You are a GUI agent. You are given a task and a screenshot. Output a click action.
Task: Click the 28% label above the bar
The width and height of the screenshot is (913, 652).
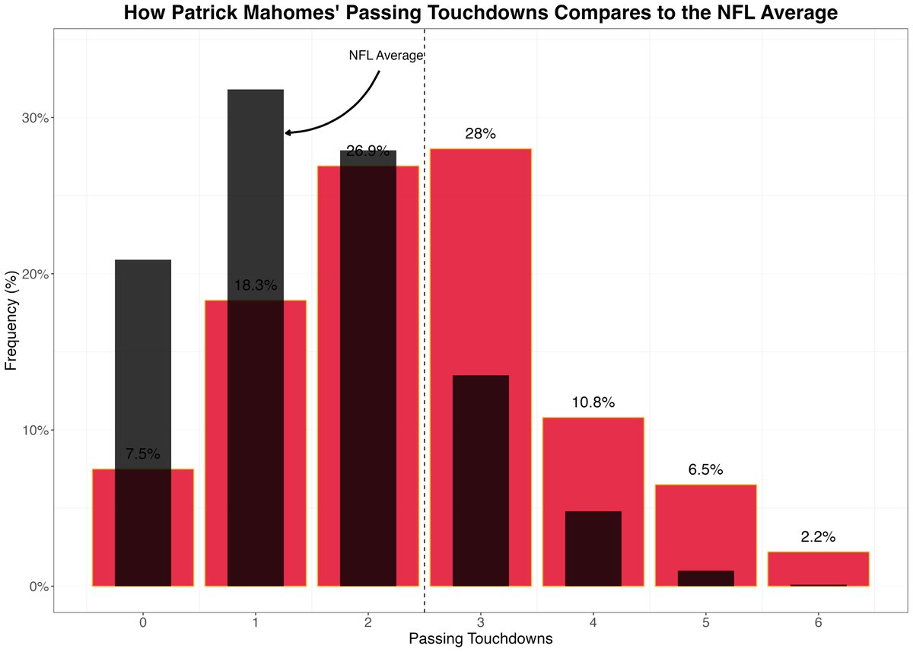[x=480, y=134]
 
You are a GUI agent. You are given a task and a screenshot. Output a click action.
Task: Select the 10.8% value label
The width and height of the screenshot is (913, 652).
[x=593, y=402]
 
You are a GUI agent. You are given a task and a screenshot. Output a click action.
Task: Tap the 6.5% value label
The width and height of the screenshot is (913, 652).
[x=705, y=469]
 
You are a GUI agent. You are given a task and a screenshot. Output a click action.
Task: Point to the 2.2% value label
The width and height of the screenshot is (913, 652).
[x=818, y=536]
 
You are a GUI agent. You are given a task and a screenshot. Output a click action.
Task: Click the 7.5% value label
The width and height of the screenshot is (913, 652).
[x=142, y=454]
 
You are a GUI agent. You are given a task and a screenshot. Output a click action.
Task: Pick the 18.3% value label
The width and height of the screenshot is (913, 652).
[x=255, y=285]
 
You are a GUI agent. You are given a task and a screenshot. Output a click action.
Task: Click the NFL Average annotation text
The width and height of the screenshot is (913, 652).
[x=385, y=56]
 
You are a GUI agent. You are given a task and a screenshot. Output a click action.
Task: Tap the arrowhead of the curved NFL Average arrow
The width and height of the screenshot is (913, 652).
[x=288, y=132]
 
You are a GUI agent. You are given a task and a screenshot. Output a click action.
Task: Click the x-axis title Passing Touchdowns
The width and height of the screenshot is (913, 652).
[x=480, y=639]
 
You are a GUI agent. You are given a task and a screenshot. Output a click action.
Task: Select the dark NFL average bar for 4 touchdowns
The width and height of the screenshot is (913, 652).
[x=593, y=548]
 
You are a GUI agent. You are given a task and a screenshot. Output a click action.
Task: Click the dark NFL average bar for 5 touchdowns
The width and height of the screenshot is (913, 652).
[x=705, y=578]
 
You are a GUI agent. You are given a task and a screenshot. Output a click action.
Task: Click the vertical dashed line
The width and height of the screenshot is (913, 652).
[x=424, y=342]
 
